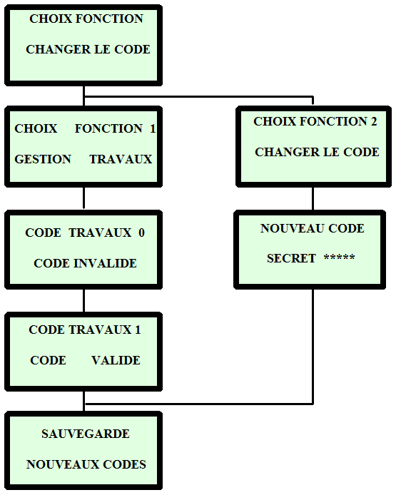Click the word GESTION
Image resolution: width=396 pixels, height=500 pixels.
[43, 159]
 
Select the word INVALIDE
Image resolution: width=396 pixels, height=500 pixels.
[105, 263]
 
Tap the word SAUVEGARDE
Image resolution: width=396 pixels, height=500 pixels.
[86, 434]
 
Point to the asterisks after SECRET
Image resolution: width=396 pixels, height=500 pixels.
[339, 257]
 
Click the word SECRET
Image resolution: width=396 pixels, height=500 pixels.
[291, 258]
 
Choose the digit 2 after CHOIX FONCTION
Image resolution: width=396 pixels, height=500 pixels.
[374, 121]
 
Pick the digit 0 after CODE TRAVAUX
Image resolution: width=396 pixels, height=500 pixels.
[141, 233]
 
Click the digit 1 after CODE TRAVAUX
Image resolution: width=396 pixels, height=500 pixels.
[138, 330]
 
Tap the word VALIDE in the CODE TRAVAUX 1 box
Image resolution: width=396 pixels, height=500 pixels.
[116, 360]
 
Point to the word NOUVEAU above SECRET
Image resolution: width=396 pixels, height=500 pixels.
[292, 228]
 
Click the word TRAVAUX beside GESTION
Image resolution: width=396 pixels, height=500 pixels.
[121, 159]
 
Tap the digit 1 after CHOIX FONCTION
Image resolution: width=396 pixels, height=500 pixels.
[153, 128]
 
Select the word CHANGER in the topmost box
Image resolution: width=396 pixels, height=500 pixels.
[59, 49]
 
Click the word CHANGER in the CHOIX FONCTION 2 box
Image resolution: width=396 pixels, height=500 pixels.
[287, 152]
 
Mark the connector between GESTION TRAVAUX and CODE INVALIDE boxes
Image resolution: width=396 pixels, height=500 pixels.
[84, 198]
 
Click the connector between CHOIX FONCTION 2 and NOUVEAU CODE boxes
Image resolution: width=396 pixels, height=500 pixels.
[313, 198]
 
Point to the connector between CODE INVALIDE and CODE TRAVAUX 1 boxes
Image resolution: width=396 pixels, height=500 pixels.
[84, 301]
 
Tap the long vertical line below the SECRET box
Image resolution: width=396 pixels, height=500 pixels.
[313, 347]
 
